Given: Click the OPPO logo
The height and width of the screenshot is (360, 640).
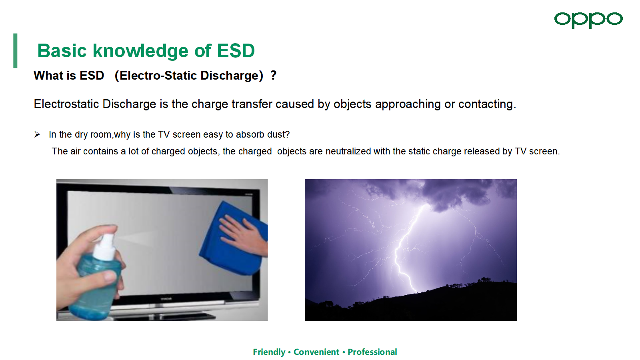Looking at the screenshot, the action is [588, 20].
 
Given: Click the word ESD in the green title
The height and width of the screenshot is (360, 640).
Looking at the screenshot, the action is [236, 51].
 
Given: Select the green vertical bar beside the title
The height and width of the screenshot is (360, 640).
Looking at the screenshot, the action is [15, 50].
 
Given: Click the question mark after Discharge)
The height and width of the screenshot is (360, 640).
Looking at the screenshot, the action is [274, 76].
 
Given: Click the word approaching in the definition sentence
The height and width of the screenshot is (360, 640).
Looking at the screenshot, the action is [408, 104].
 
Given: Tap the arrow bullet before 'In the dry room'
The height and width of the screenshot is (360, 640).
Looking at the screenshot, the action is [37, 134].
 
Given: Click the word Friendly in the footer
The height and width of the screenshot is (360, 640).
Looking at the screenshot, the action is [269, 352].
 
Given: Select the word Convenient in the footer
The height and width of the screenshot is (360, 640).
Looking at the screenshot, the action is [316, 352].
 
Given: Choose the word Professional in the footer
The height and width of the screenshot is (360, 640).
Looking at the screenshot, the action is [372, 352].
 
